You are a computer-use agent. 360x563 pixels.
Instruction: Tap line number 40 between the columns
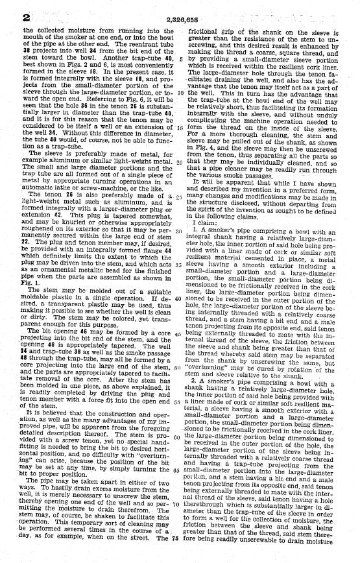[x=179, y=298]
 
